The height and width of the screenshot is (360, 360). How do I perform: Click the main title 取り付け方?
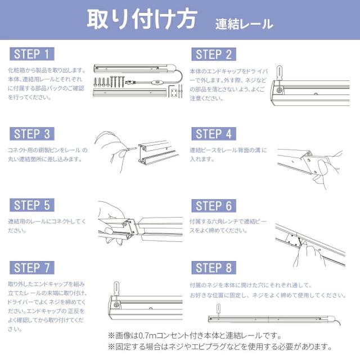click(142, 19)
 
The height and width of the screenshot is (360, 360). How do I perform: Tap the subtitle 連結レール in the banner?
click(244, 24)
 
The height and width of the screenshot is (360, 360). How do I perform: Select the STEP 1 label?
click(32, 54)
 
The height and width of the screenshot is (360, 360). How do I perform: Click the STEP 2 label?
click(214, 55)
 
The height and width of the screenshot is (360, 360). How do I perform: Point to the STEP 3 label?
click(32, 134)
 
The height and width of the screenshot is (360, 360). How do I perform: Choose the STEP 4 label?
click(214, 134)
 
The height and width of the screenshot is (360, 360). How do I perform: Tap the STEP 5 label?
click(32, 205)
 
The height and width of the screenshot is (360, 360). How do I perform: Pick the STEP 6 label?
click(214, 206)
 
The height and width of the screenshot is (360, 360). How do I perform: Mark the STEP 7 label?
click(32, 268)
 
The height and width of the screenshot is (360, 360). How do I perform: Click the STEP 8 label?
click(214, 268)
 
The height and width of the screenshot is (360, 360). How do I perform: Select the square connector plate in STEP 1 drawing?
click(174, 93)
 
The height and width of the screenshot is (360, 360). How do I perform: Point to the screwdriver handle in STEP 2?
click(279, 72)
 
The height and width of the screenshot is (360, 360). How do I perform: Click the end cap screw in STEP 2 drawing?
click(280, 90)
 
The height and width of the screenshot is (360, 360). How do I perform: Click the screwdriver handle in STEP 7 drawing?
click(116, 287)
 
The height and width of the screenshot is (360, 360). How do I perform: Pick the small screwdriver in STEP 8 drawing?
click(218, 311)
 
